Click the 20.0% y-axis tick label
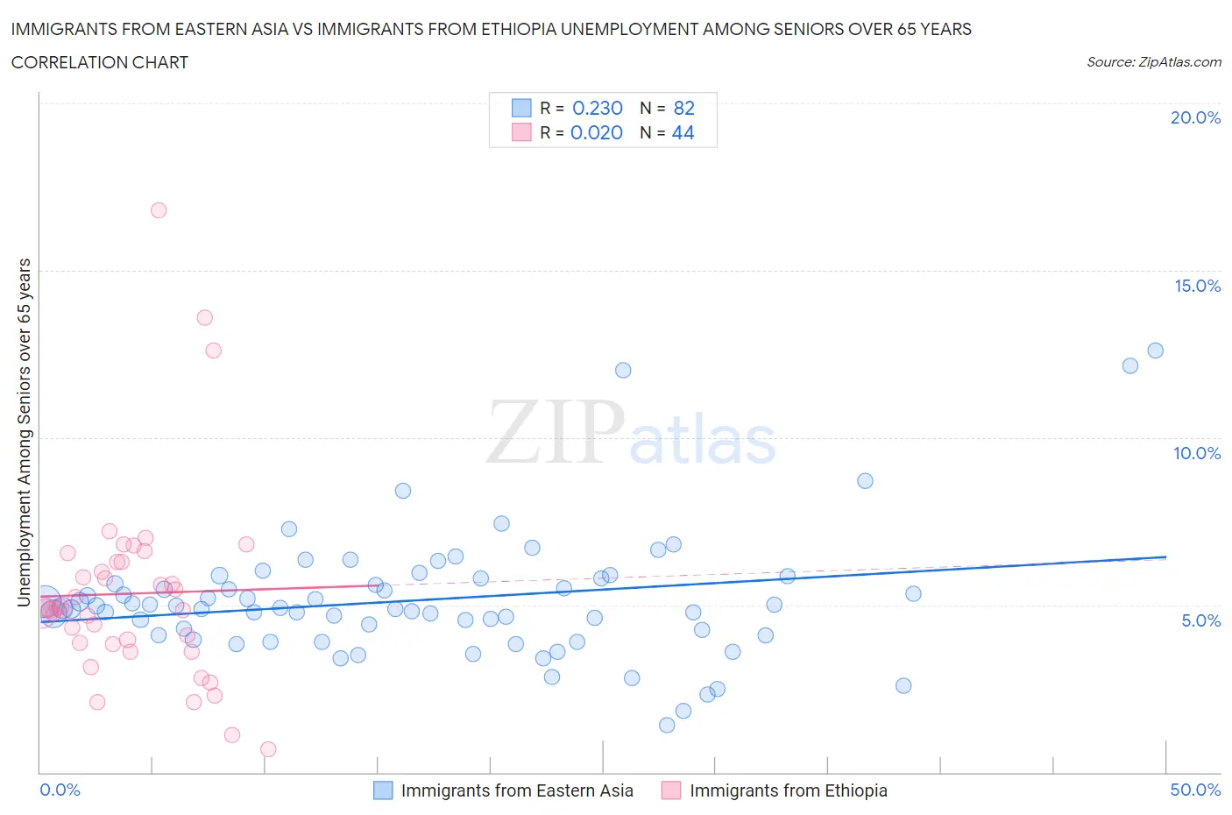click(x=1195, y=117)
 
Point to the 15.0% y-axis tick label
click(x=1197, y=286)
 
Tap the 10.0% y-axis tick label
click(x=1197, y=453)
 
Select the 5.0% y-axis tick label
click(x=1200, y=620)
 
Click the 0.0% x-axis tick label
click(x=60, y=790)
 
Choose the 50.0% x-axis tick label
click(x=1195, y=790)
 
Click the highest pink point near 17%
click(x=159, y=210)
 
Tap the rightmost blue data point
click(x=1155, y=351)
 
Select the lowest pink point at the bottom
click(x=268, y=749)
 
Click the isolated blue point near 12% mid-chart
click(x=623, y=370)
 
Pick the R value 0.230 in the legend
click(x=597, y=108)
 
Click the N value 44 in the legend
click(x=683, y=132)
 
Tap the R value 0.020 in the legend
click(x=596, y=132)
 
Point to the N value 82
click(x=683, y=108)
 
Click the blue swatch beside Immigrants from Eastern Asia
click(x=383, y=790)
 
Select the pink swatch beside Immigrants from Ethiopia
click(x=671, y=790)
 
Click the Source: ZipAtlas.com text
click(x=1153, y=61)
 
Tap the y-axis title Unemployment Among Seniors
click(x=25, y=432)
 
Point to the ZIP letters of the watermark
click(x=556, y=431)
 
